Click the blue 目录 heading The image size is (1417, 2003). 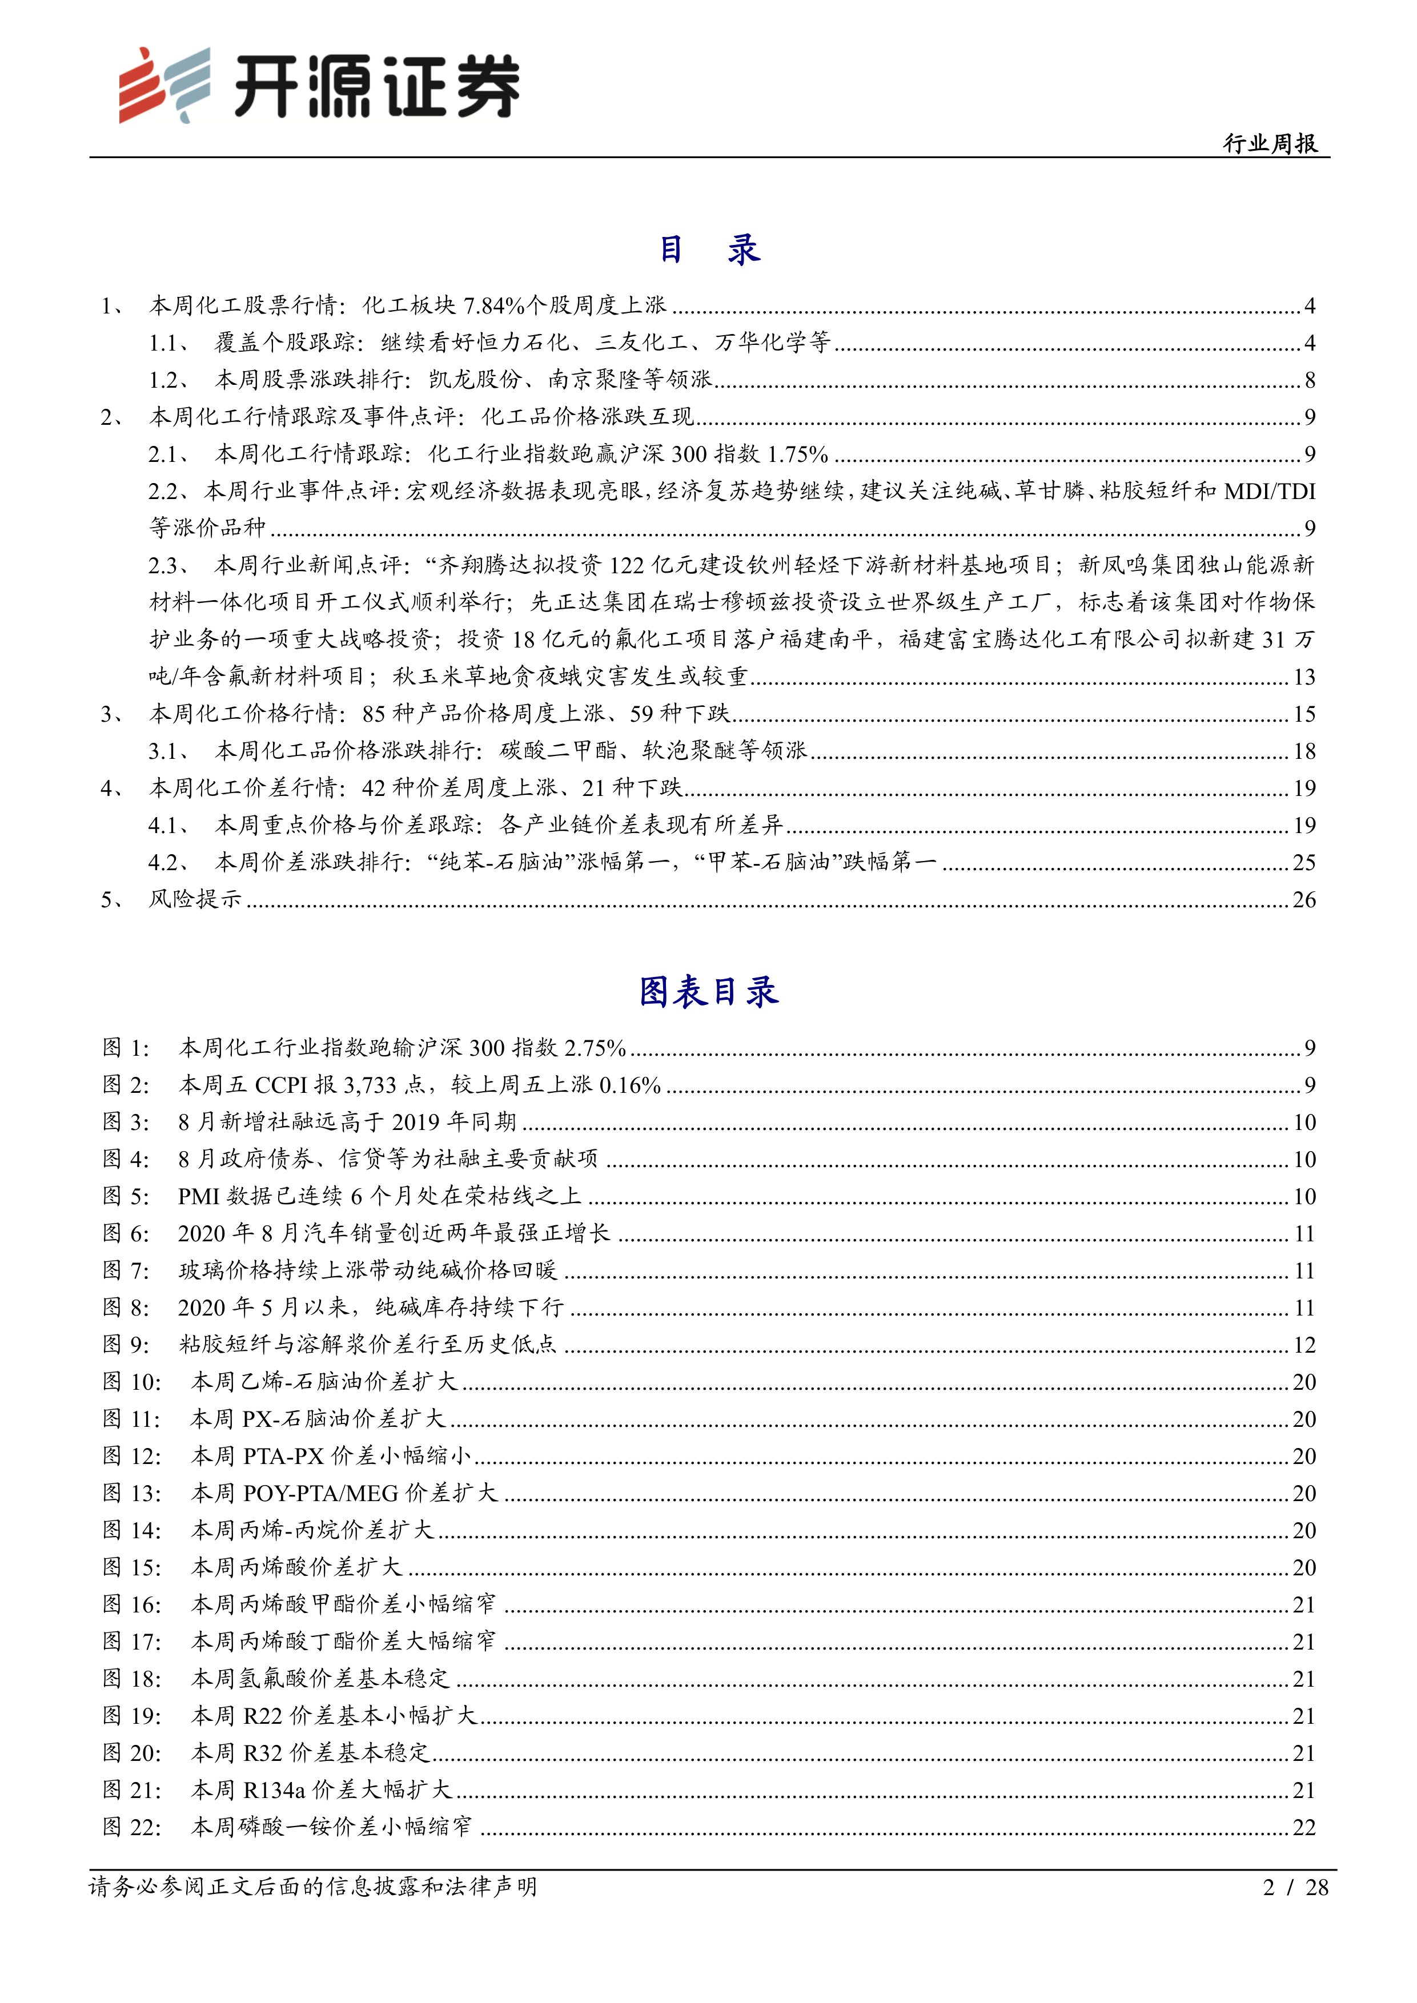coord(708,250)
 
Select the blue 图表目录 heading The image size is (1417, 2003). coord(708,992)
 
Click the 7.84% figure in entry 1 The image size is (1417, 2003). coord(494,305)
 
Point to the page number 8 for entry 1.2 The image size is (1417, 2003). coord(1310,380)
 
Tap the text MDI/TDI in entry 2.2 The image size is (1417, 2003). coord(1270,491)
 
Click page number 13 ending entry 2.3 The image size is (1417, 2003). coord(1303,677)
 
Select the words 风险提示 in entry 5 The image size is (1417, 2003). coord(195,899)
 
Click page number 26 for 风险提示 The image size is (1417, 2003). coord(1303,899)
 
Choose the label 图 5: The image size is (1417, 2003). coord(126,1196)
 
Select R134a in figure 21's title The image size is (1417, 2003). coord(274,1790)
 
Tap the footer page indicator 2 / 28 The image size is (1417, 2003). coord(1295,1888)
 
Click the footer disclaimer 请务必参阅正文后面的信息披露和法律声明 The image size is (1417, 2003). coord(312,1888)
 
